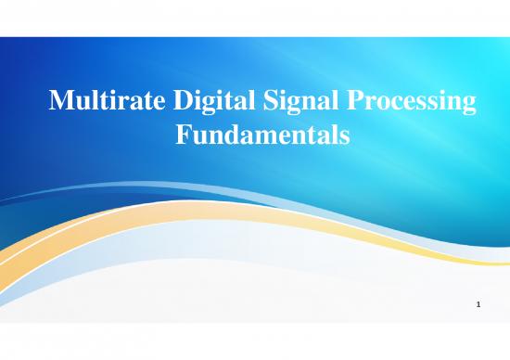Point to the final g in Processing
471,108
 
